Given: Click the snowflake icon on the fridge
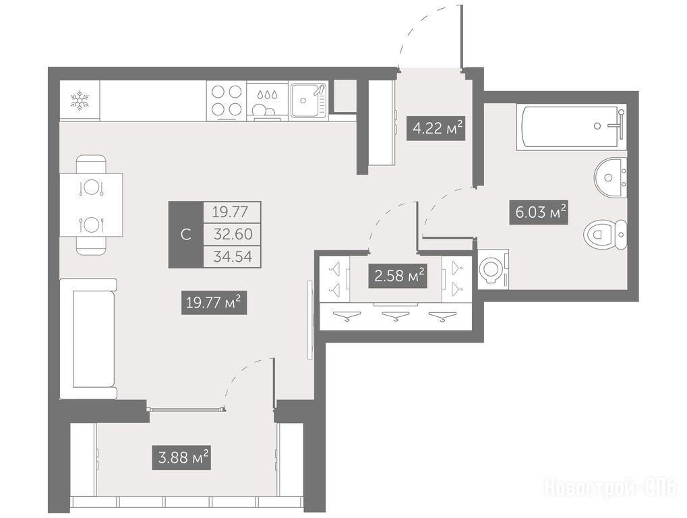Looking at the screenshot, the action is [x=80, y=100].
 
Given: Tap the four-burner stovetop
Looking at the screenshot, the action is [x=227, y=100].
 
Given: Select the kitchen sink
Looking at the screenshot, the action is [x=309, y=100].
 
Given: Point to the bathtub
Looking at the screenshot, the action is [x=571, y=127].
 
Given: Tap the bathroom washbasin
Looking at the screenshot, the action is [x=610, y=177].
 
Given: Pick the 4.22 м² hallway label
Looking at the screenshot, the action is [x=436, y=128].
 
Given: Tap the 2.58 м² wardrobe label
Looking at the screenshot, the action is [x=398, y=276].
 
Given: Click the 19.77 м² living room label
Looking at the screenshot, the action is [x=214, y=302].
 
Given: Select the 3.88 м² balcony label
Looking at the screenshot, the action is [x=181, y=458].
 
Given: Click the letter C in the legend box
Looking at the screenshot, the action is [x=186, y=235].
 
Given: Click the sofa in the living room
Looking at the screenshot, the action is [x=89, y=339].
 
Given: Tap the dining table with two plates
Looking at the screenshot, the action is [x=91, y=205].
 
